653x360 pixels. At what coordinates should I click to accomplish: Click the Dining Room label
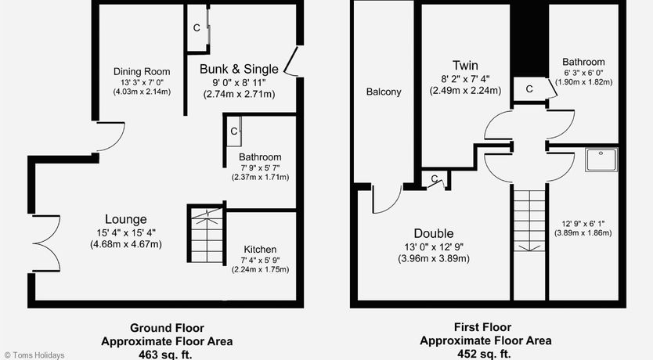142,71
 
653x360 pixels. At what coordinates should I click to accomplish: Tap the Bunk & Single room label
239,69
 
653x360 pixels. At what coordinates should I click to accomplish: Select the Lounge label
126,219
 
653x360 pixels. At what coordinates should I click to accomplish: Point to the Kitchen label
260,250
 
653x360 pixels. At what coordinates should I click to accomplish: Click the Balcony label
384,92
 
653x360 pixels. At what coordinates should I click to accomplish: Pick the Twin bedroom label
465,65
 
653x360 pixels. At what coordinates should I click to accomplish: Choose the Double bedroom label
434,233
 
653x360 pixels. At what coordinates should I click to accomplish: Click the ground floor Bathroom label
260,157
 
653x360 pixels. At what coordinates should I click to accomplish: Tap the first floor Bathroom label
583,62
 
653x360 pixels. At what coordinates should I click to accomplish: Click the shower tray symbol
601,160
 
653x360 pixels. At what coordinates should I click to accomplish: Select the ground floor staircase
207,233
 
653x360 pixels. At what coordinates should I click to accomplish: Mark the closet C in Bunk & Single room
197,28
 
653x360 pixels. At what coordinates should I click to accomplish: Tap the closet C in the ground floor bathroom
233,131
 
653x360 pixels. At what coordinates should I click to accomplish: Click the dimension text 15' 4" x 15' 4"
126,232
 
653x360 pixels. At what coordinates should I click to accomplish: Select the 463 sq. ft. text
167,355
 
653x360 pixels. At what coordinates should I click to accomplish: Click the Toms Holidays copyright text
34,355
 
